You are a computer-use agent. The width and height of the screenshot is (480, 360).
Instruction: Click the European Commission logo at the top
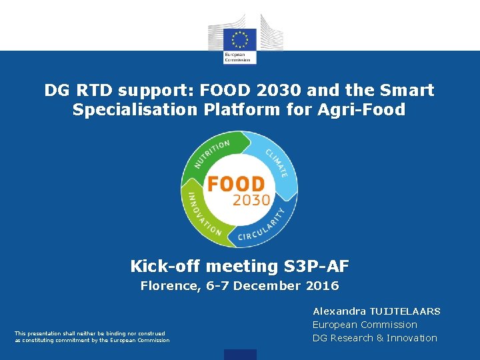coord(240,39)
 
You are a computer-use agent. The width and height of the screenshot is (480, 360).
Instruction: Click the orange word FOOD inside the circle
coord(236,183)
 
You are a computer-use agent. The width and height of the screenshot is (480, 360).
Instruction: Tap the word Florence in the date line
coord(163,286)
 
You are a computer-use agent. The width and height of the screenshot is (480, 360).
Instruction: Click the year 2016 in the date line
coord(322,286)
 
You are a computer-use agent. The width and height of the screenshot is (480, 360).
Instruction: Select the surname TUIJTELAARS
coord(405,311)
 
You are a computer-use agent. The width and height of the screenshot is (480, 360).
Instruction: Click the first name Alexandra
coord(339,311)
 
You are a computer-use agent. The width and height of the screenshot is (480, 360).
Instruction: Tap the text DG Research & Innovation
coord(375,338)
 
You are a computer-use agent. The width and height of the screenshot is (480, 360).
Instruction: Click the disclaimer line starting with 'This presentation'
coord(89,333)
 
